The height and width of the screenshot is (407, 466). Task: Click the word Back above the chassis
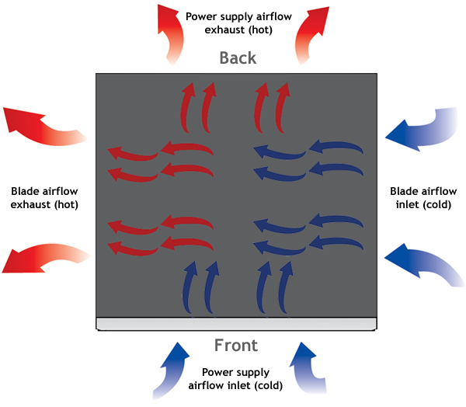pyautogui.click(x=238, y=57)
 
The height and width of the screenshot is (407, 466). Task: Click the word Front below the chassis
pyautogui.click(x=236, y=345)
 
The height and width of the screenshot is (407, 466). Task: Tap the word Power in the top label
pyautogui.click(x=201, y=15)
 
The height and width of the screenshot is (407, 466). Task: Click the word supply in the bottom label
pyautogui.click(x=239, y=372)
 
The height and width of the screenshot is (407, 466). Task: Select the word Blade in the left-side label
pyautogui.click(x=24, y=191)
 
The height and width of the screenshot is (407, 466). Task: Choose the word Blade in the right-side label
pyautogui.click(x=403, y=191)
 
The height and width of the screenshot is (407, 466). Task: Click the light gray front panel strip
pyautogui.click(x=236, y=323)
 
